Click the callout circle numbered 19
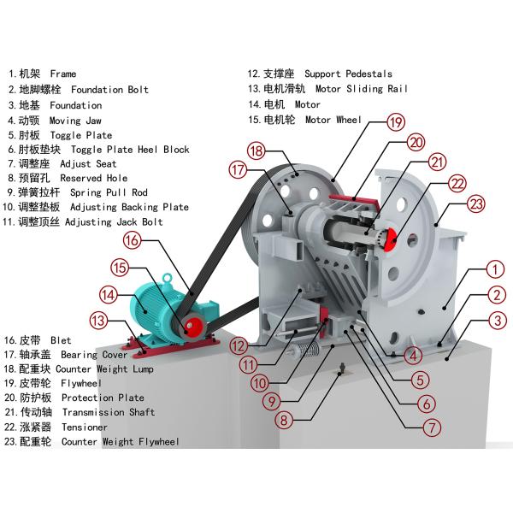[x=394, y=122]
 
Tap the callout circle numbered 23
[x=476, y=203]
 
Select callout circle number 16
[x=131, y=242]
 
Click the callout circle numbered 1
[x=492, y=270]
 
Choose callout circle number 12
[x=239, y=347]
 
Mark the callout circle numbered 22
[x=457, y=182]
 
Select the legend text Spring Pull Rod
[x=109, y=193]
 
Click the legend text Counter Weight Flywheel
[x=121, y=442]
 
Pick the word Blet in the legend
[x=61, y=339]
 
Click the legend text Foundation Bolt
[x=109, y=90]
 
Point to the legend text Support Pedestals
[x=348, y=74]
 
